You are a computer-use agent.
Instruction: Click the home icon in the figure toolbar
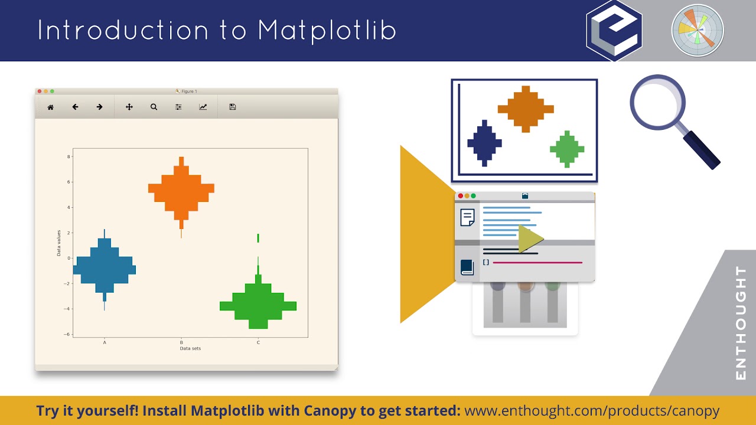point(51,107)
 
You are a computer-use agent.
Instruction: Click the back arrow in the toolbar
point(75,107)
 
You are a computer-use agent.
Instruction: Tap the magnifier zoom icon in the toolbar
point(154,107)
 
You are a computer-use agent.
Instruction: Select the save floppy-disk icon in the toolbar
point(232,107)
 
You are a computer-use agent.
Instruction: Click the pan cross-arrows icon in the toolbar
point(129,107)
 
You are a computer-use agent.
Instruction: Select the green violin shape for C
point(258,304)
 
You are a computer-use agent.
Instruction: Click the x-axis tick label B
point(181,342)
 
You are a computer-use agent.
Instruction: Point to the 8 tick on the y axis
point(69,157)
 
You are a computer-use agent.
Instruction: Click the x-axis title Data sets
point(190,349)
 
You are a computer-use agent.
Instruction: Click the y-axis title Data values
point(58,243)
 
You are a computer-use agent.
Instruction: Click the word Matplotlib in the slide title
point(327,31)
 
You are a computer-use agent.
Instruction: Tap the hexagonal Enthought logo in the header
point(614,31)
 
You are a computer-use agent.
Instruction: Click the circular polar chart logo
point(698,31)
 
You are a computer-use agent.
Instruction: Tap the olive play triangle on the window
point(530,239)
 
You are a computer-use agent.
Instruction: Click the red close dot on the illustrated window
point(461,196)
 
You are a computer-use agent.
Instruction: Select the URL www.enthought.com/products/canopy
point(592,411)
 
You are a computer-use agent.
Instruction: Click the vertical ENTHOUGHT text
point(741,323)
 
